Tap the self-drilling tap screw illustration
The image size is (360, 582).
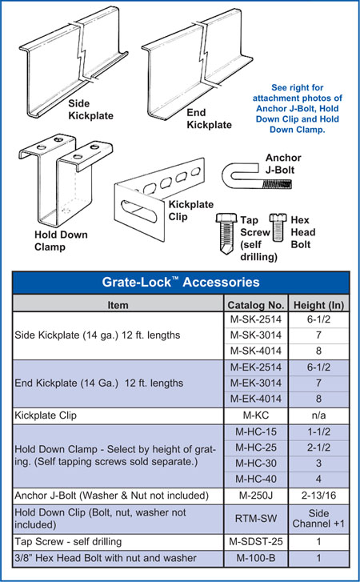click(x=226, y=233)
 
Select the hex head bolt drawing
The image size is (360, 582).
click(x=278, y=227)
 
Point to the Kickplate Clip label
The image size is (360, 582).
click(x=191, y=211)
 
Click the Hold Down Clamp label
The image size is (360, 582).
click(x=61, y=241)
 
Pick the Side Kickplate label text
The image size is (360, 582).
click(x=91, y=110)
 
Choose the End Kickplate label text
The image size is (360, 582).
click(x=209, y=118)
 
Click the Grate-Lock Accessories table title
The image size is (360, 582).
click(x=181, y=282)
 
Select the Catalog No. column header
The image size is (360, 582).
click(x=256, y=305)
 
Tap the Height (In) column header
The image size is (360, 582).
click(x=319, y=305)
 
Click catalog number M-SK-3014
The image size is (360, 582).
click(x=256, y=335)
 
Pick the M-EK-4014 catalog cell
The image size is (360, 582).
click(x=256, y=399)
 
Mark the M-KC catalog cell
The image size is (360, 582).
click(x=256, y=415)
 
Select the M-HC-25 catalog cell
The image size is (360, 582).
click(x=256, y=448)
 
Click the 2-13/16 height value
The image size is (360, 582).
click(x=319, y=496)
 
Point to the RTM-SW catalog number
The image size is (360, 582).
click(x=256, y=519)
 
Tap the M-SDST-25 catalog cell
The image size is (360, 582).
click(x=256, y=542)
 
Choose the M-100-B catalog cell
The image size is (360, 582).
click(x=256, y=558)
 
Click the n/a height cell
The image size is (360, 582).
click(x=319, y=415)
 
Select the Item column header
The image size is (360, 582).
click(x=118, y=306)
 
